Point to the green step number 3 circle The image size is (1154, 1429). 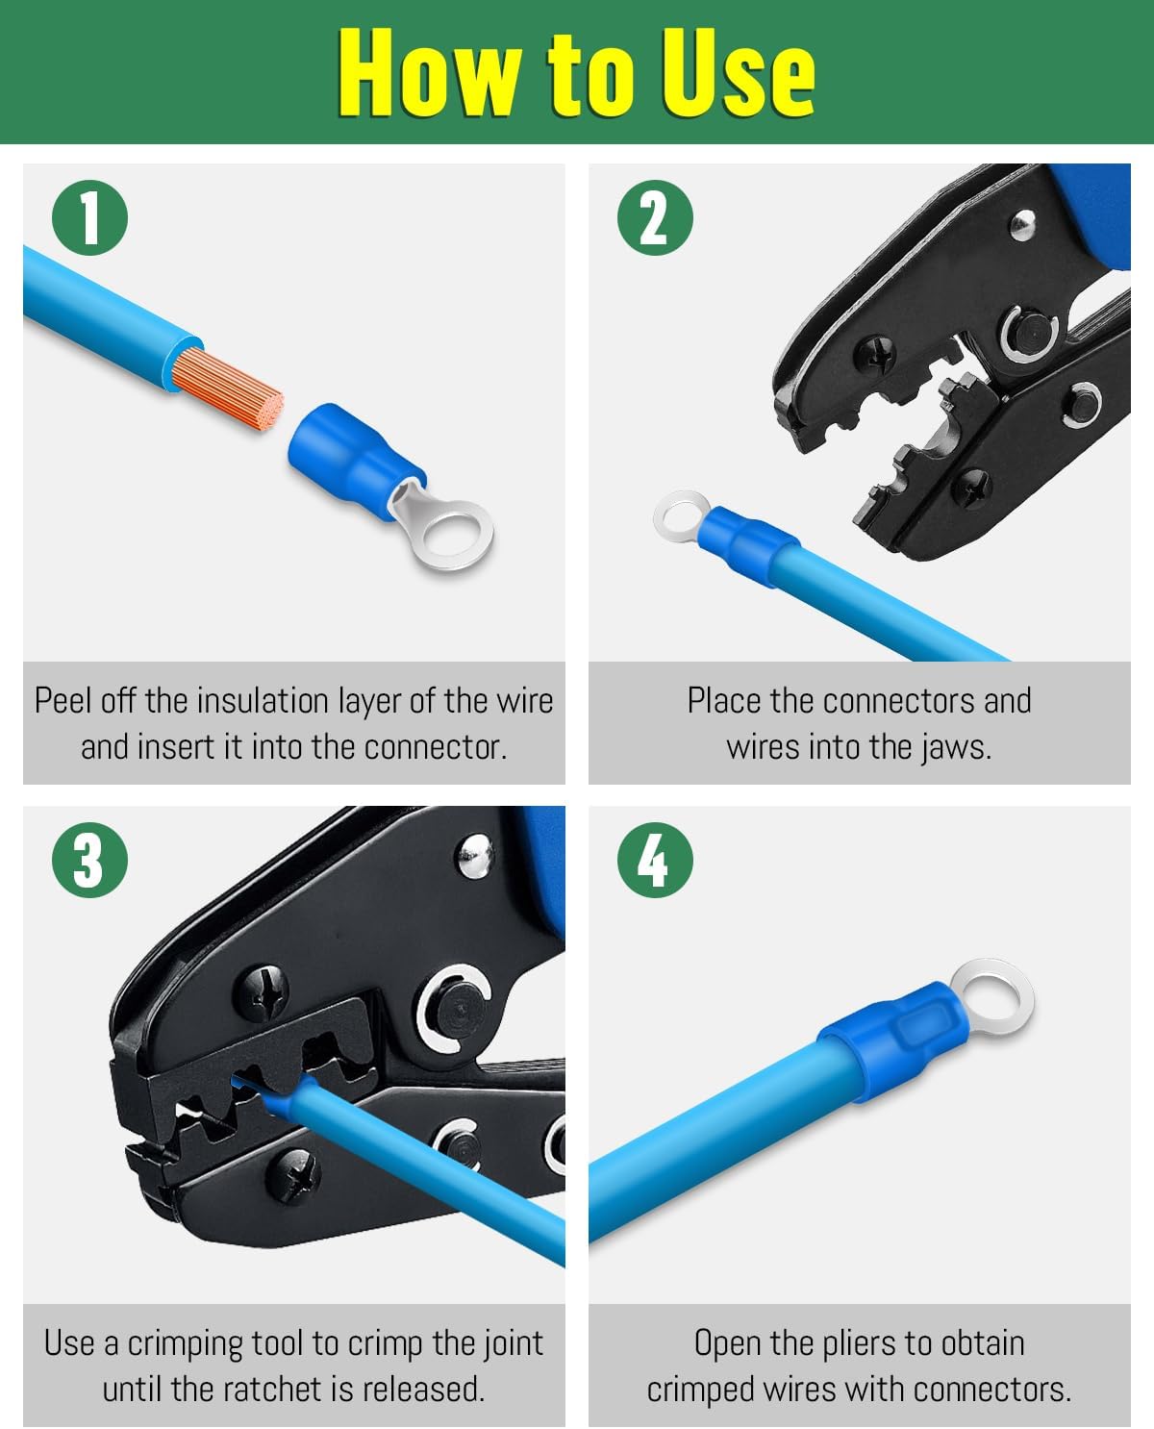tap(89, 859)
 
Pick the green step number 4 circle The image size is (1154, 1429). tap(655, 859)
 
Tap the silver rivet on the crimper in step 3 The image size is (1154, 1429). tap(473, 854)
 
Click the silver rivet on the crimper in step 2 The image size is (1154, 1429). tap(1021, 226)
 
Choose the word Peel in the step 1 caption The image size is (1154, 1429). tap(63, 700)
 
